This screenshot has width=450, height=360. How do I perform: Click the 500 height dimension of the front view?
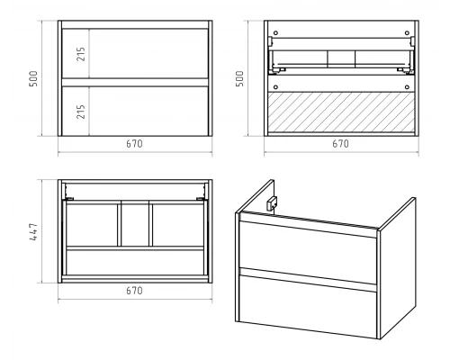pyautogui.click(x=33, y=78)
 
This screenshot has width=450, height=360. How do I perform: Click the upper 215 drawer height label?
pyautogui.click(x=81, y=54)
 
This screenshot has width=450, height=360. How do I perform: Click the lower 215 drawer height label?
pyautogui.click(x=81, y=112)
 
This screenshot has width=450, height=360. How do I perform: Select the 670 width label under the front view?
pyautogui.click(x=134, y=144)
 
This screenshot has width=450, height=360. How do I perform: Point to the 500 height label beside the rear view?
pyautogui.click(x=239, y=78)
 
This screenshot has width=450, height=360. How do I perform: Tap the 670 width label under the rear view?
pyautogui.click(x=340, y=144)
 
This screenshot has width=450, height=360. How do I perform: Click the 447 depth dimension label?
pyautogui.click(x=33, y=231)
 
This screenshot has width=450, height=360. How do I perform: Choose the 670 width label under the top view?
pyautogui.click(x=134, y=291)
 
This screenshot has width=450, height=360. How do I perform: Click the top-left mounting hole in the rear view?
pyautogui.click(x=275, y=32)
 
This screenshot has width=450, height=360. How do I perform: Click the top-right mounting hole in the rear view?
pyautogui.click(x=407, y=32)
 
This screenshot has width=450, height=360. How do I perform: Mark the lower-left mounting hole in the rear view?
pyautogui.click(x=275, y=87)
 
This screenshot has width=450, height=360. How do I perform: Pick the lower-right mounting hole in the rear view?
pyautogui.click(x=407, y=87)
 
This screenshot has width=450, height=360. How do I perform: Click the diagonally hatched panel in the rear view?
pyautogui.click(x=341, y=112)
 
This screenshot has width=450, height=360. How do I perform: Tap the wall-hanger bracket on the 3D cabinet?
pyautogui.click(x=272, y=203)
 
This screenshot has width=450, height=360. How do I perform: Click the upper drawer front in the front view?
pyautogui.click(x=135, y=53)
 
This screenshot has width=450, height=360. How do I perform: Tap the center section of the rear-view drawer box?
pyautogui.click(x=341, y=58)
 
